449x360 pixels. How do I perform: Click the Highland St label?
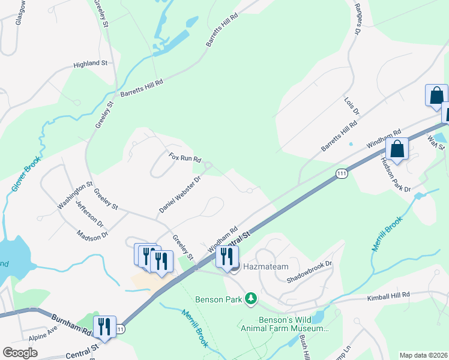90,63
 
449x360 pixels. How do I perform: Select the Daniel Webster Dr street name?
179,194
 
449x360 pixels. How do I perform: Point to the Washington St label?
75,195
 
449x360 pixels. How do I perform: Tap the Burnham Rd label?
71,324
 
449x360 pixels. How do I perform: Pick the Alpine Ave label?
43,347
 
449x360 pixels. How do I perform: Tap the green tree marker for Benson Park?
252,298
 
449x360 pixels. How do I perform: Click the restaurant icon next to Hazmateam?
228,257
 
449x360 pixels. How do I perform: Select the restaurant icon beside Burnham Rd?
105,327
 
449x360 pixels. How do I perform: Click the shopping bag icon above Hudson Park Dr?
397,148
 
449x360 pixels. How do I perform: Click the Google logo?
20,353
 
